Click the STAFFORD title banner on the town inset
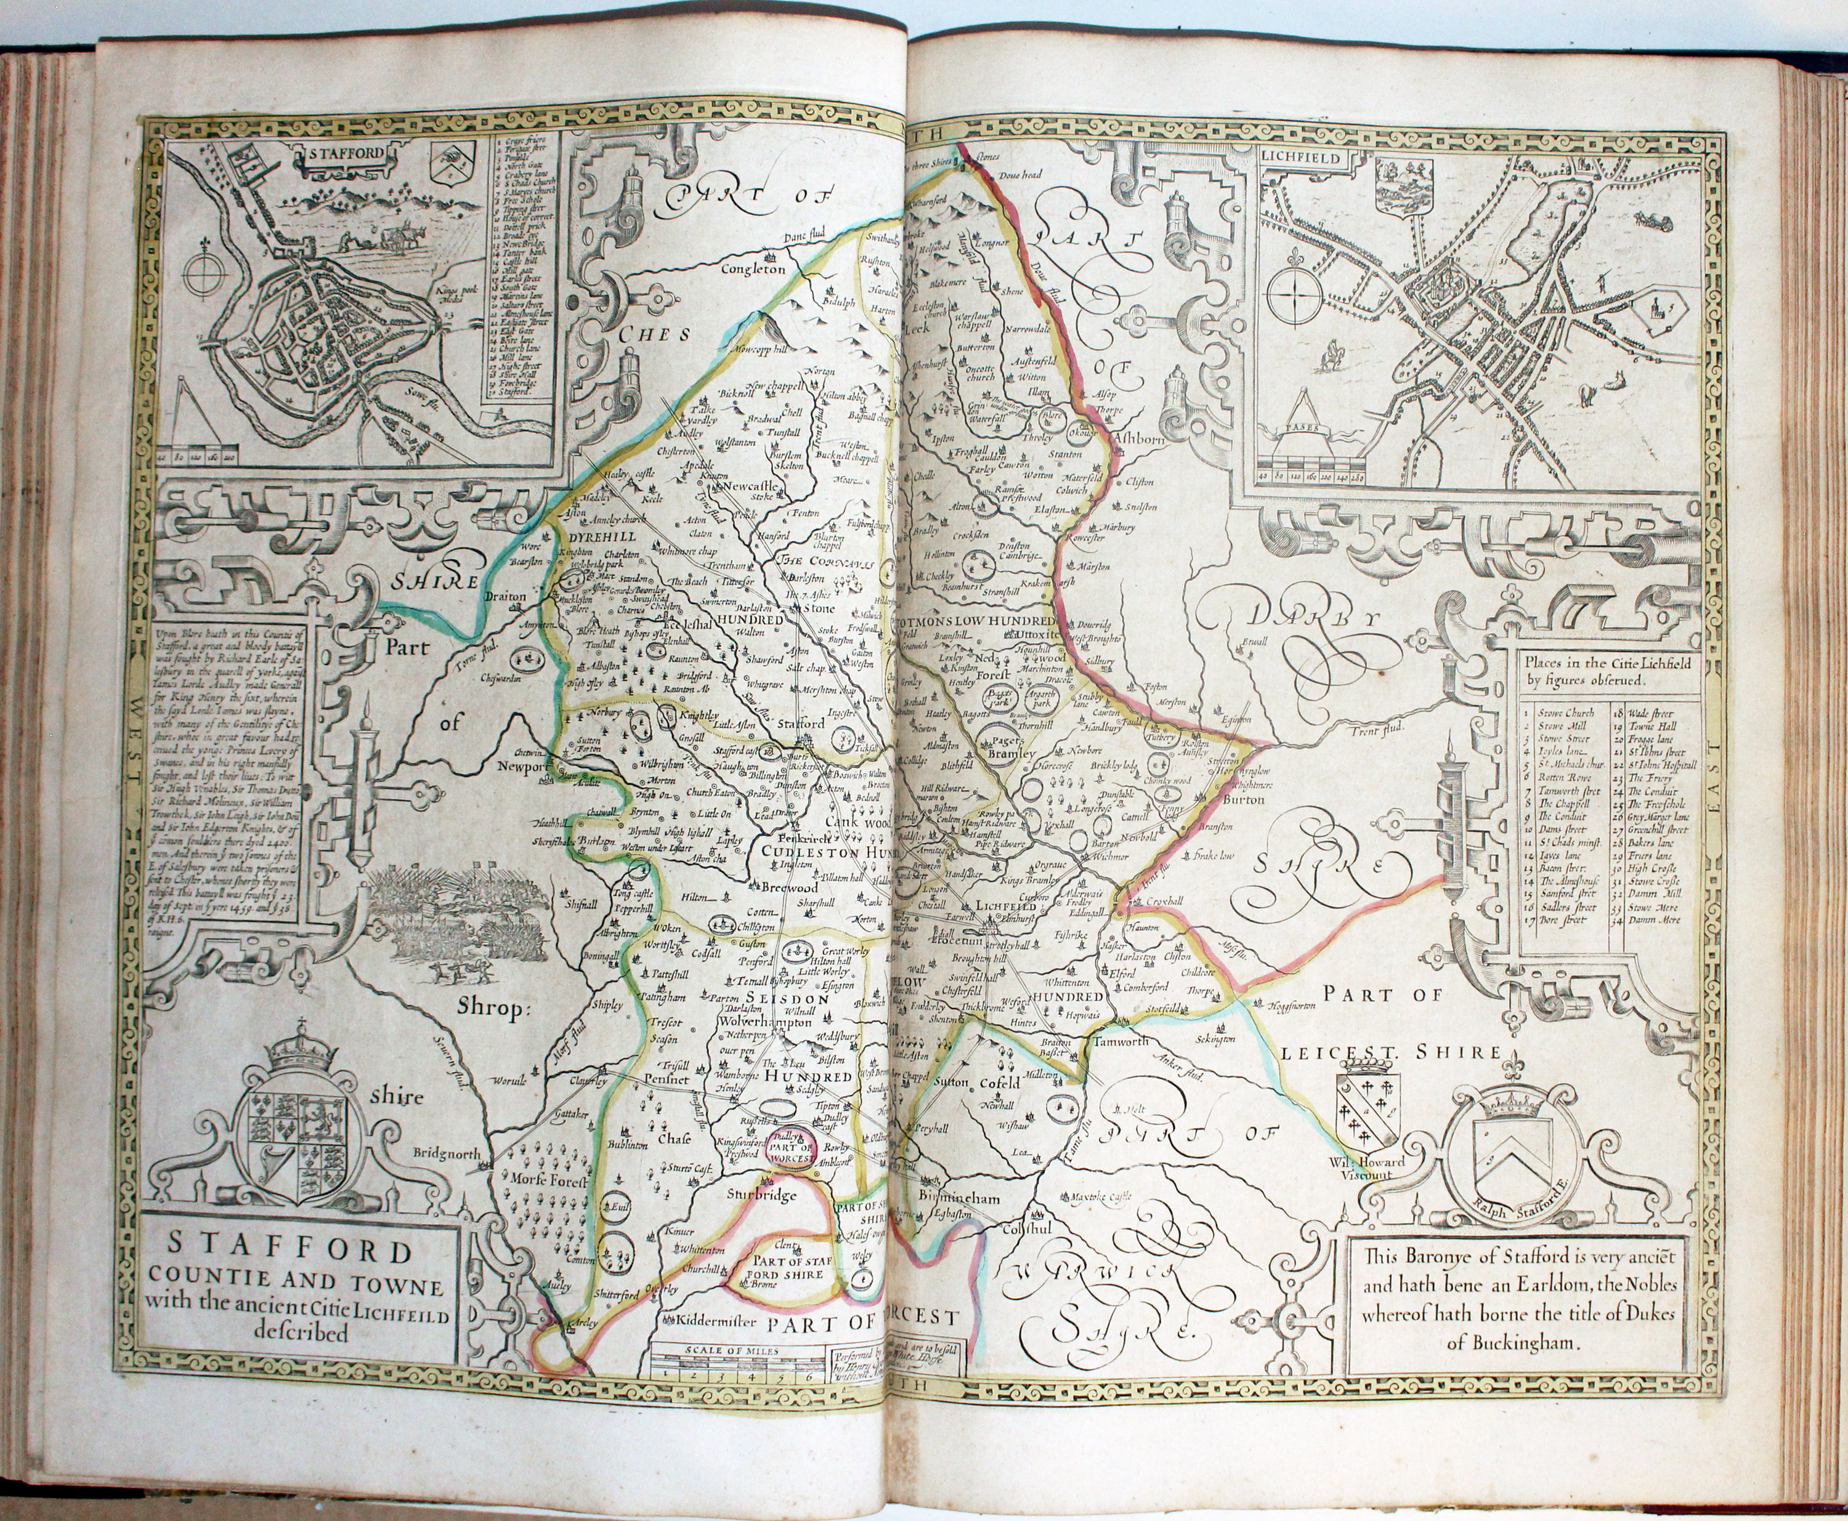[x=346, y=153]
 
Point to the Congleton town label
[x=752, y=270]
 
